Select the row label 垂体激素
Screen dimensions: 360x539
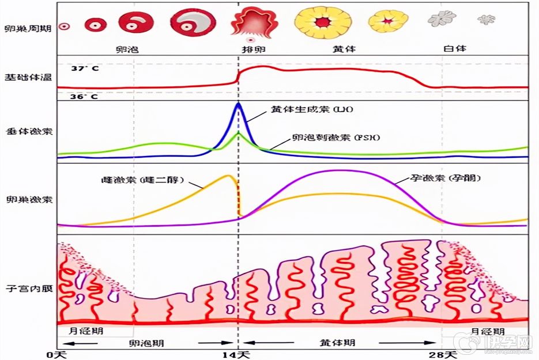(x=27, y=131)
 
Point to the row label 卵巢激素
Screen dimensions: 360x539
(x=27, y=200)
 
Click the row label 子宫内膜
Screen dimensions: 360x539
(x=27, y=286)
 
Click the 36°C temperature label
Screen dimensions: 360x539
(x=84, y=97)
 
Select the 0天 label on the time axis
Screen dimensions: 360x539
(x=58, y=354)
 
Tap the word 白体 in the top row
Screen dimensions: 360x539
(x=454, y=49)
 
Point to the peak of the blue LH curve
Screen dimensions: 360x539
(x=238, y=104)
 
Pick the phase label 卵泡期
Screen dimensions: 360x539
(x=145, y=342)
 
